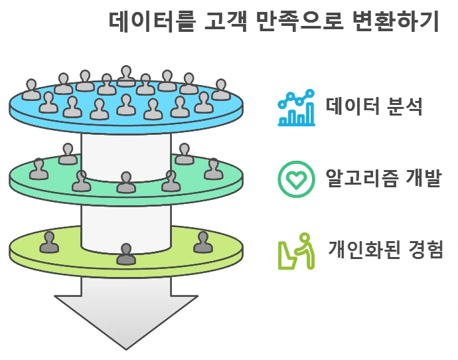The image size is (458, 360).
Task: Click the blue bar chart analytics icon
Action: click(x=296, y=108)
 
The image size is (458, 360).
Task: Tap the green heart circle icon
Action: click(x=296, y=178)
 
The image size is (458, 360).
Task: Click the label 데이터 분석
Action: click(x=373, y=106)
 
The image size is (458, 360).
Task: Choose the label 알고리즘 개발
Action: click(x=383, y=178)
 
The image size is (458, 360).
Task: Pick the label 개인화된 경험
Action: click(x=386, y=250)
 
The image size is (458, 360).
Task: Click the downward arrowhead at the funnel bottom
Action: click(x=126, y=319)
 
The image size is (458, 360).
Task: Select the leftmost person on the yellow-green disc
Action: click(x=49, y=242)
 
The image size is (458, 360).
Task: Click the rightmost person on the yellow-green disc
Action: click(x=202, y=242)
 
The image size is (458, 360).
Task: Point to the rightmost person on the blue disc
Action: click(x=221, y=90)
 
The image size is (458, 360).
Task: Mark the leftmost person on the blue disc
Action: click(x=31, y=90)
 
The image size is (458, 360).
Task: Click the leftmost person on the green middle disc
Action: click(x=39, y=169)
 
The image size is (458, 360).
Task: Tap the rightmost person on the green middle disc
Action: click(x=213, y=169)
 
